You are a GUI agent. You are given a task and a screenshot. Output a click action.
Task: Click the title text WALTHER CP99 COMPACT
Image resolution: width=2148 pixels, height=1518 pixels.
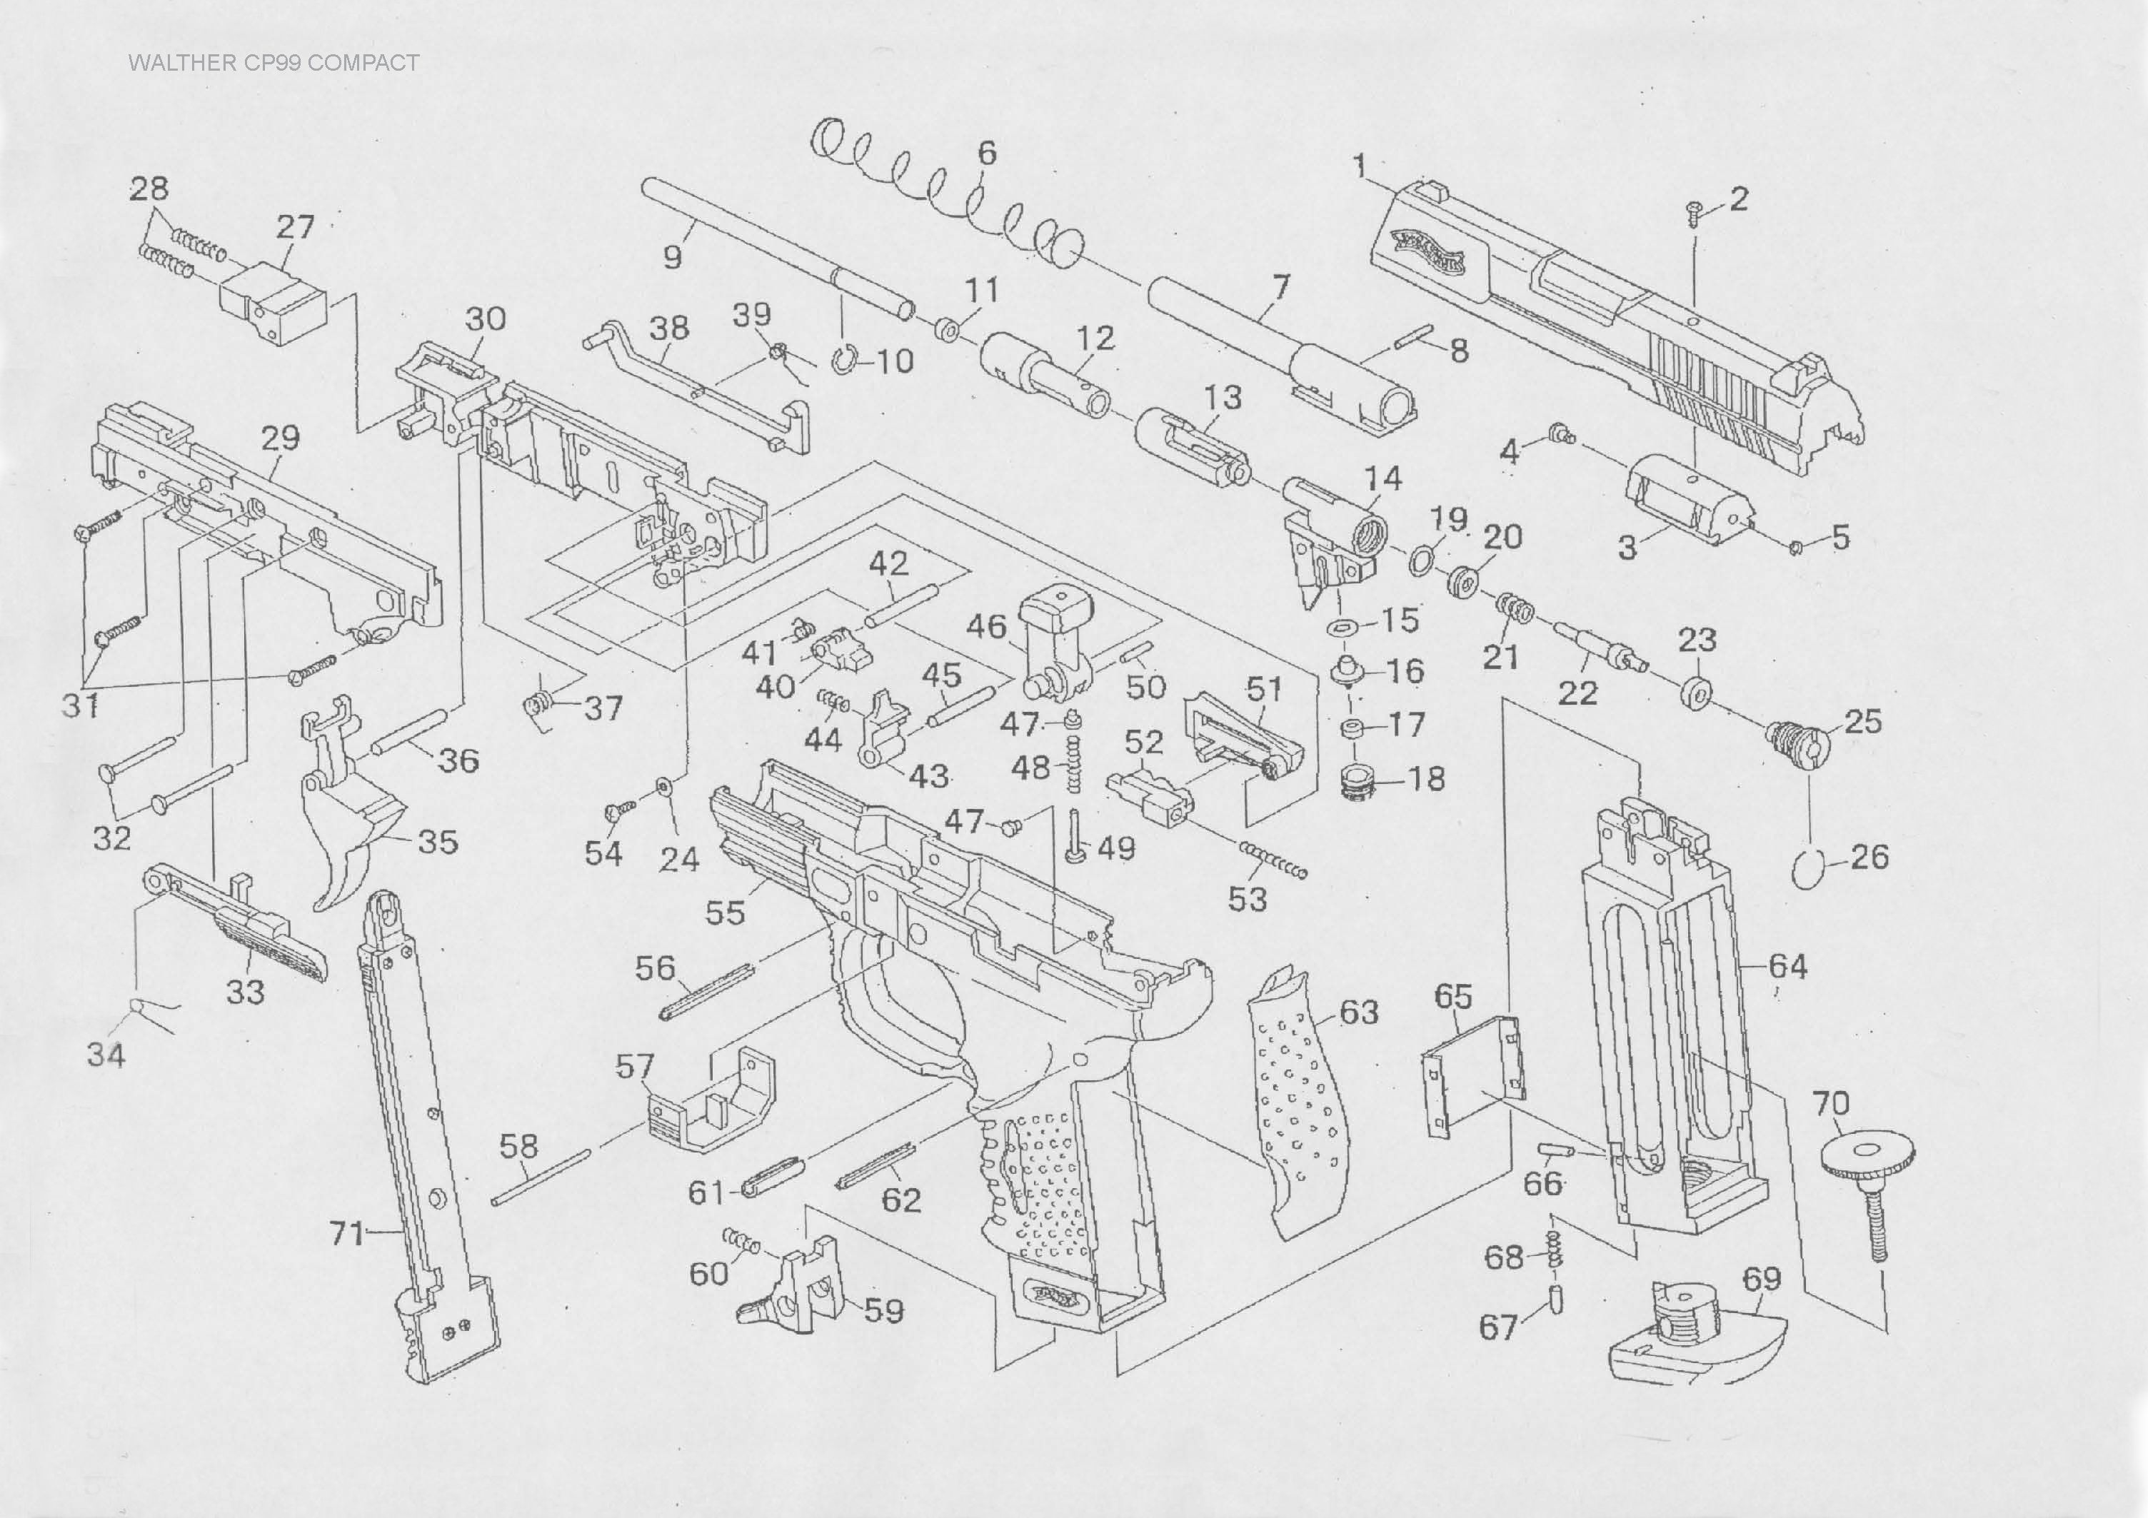coord(273,64)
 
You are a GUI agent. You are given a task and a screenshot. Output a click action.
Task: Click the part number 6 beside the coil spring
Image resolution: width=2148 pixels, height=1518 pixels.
coord(987,153)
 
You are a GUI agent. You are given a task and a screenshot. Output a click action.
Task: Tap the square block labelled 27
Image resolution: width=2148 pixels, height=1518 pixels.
coord(273,302)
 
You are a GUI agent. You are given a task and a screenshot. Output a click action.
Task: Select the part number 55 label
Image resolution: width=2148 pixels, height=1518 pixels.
coord(725,912)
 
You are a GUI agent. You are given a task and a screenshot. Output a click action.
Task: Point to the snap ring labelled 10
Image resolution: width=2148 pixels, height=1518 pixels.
coord(844,360)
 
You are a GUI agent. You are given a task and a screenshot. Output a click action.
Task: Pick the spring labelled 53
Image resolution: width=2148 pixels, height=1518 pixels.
coord(1273,860)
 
